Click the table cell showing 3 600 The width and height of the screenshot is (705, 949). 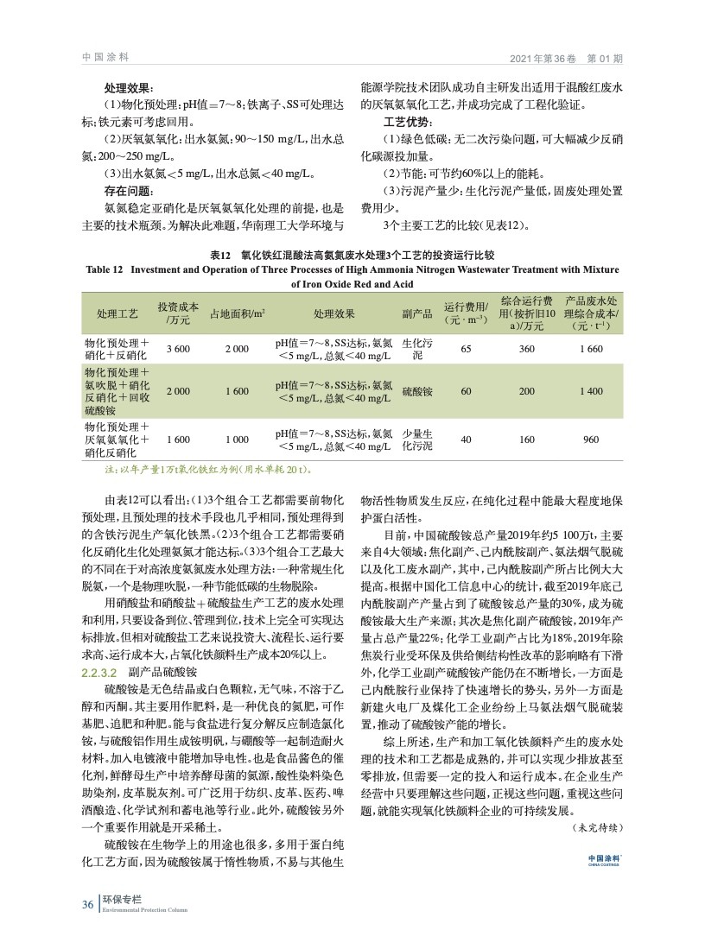tap(178, 348)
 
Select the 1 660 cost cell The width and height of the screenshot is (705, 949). tap(591, 348)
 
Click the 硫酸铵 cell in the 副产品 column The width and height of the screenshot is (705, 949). tap(417, 391)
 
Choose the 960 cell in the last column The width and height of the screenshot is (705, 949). tap(591, 440)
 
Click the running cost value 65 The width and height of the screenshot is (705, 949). tap(466, 348)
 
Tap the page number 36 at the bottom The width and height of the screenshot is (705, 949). tap(87, 904)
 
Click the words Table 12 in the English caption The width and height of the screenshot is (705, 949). tap(106, 270)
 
